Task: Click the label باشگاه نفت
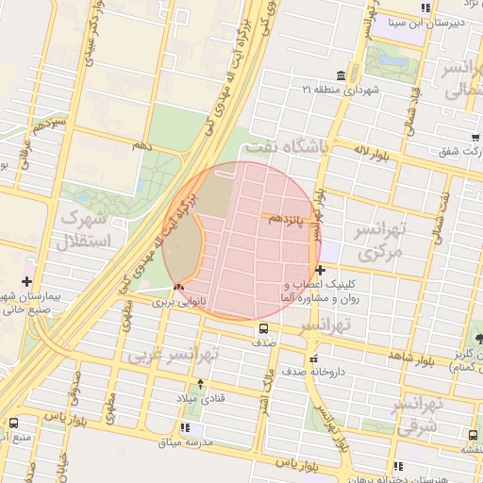click(285, 148)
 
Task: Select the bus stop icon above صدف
click(263, 329)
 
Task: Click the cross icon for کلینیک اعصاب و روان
click(321, 271)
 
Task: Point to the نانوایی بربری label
click(178, 302)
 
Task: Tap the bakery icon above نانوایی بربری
click(178, 287)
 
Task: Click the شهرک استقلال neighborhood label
click(85, 228)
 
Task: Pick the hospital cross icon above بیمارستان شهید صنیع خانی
click(25, 281)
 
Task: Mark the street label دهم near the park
click(142, 145)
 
